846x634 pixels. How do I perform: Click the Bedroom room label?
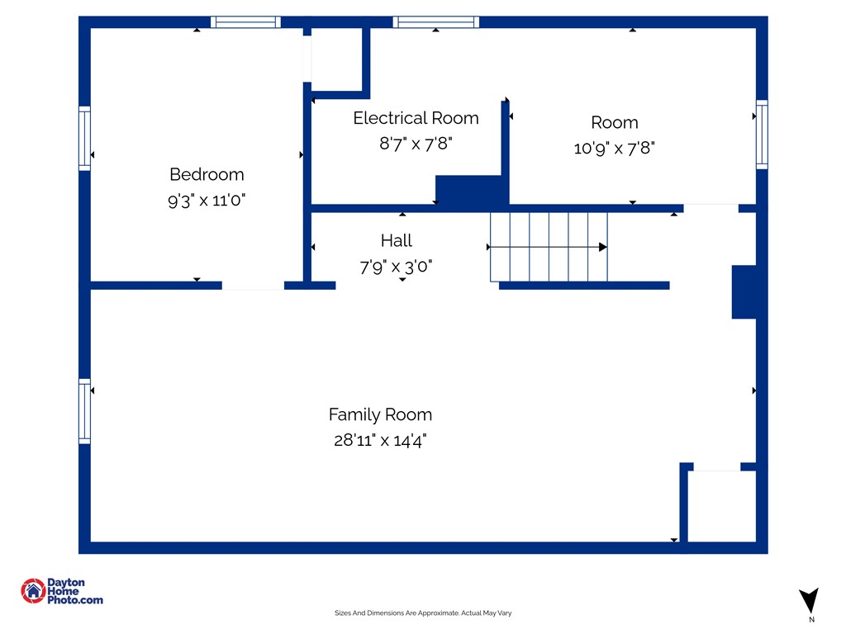(x=207, y=174)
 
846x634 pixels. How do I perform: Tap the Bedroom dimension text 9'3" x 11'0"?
(x=207, y=200)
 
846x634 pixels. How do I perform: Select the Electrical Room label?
(x=416, y=118)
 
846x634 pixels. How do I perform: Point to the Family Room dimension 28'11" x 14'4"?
(x=380, y=440)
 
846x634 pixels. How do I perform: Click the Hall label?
(x=397, y=240)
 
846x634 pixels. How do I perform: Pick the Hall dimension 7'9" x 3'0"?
(x=396, y=266)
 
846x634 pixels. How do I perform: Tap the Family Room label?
(x=380, y=414)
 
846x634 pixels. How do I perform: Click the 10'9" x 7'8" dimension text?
(x=615, y=148)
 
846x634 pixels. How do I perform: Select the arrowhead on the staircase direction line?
(x=603, y=247)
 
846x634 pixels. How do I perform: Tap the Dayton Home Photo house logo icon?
(x=33, y=591)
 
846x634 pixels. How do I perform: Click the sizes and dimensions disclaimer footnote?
(x=423, y=613)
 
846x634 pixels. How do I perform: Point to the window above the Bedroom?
(x=245, y=22)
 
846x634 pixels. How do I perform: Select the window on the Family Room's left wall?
(x=85, y=411)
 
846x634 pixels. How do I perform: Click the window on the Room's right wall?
(x=762, y=135)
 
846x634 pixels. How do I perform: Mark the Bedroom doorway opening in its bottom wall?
(x=253, y=286)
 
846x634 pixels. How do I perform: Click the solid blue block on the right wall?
(x=744, y=291)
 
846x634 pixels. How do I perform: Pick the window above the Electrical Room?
(x=436, y=22)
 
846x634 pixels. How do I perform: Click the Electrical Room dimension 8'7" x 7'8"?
(x=416, y=144)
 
